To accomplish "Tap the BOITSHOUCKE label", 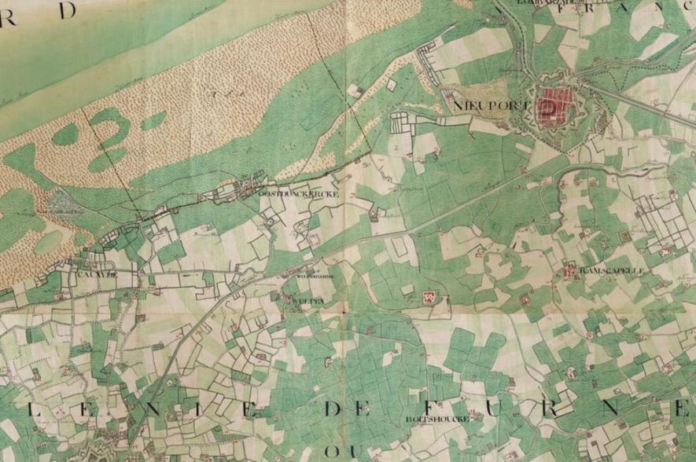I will [x=438, y=420].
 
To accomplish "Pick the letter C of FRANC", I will [x=681, y=8].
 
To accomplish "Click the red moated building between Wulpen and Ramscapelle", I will [x=429, y=297].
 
